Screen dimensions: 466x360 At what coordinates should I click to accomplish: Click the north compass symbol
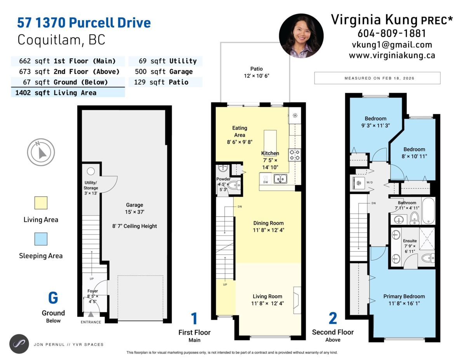[x=41, y=152]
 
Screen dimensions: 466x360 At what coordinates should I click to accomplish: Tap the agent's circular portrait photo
[x=301, y=36]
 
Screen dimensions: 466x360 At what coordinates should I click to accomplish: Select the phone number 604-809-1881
[x=391, y=33]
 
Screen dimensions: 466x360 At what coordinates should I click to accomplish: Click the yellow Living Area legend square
[x=41, y=203]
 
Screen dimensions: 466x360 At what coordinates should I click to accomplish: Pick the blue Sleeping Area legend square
[x=41, y=239]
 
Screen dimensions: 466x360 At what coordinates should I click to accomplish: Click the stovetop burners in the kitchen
[x=294, y=155]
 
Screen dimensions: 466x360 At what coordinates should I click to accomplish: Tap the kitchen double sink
[x=280, y=179]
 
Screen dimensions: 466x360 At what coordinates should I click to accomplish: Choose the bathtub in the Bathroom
[x=428, y=210]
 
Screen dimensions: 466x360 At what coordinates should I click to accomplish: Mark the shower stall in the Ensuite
[x=427, y=238]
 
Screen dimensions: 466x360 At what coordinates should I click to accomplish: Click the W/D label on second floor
[x=369, y=183]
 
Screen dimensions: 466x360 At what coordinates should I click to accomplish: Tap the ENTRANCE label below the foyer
[x=91, y=322]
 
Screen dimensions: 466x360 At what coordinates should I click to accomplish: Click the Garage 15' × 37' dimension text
[x=134, y=212]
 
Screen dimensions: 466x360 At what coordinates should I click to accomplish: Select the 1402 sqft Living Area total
[x=56, y=93]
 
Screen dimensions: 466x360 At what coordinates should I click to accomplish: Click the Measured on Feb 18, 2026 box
[x=377, y=78]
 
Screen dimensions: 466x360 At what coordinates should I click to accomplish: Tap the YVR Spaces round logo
[x=19, y=344]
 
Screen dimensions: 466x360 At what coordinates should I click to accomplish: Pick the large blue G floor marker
[x=53, y=297]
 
